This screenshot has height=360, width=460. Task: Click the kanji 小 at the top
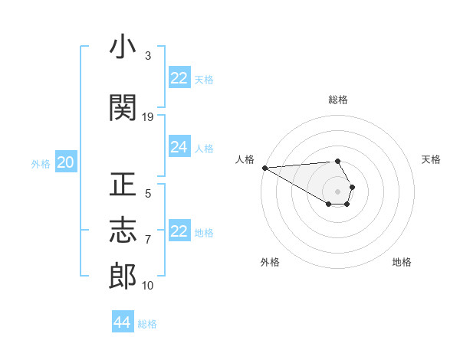tap(123, 47)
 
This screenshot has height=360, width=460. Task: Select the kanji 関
tap(123, 108)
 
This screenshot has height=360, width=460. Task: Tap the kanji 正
tap(123, 185)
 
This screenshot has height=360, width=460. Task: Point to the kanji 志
tap(123, 231)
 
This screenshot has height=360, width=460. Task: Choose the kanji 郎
tap(123, 277)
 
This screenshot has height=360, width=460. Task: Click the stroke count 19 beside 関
tap(148, 117)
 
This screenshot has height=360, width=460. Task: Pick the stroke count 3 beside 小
tap(148, 56)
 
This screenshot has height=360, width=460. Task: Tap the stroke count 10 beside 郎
tap(148, 286)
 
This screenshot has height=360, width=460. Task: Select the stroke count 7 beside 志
tap(148, 240)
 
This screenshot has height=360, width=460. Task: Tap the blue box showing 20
tap(66, 162)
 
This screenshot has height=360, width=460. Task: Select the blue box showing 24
tap(179, 147)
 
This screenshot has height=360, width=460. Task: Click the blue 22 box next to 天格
tap(179, 78)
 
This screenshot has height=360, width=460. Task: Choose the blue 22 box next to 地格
tap(179, 231)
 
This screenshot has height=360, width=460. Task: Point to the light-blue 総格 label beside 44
tap(147, 324)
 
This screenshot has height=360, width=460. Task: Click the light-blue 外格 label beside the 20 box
tap(41, 163)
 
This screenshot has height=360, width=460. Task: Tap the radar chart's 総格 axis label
tap(338, 100)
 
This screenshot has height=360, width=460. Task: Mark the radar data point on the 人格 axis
tap(264, 168)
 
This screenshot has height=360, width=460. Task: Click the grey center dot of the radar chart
tap(338, 191)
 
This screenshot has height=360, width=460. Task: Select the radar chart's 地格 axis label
tap(402, 262)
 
